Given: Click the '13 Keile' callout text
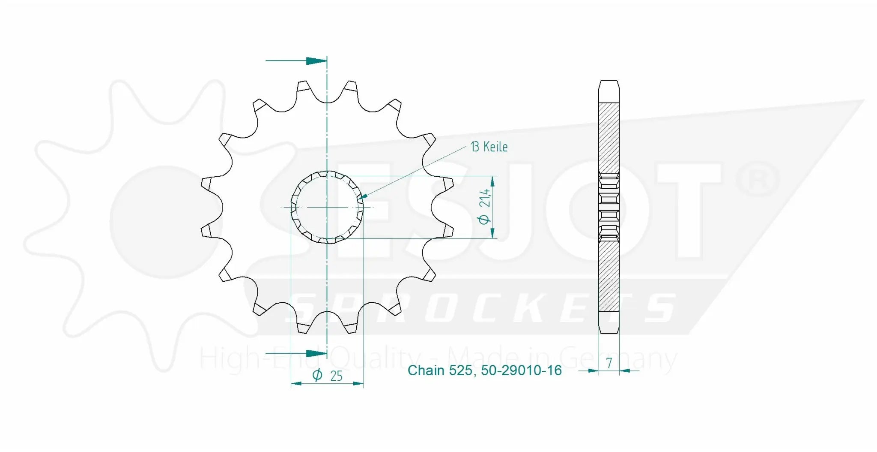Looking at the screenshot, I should [x=489, y=147].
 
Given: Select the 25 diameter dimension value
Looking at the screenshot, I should [x=337, y=376].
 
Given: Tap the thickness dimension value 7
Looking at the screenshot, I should [x=609, y=363].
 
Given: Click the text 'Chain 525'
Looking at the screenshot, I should [x=439, y=371].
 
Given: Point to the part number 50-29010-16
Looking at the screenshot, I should [x=521, y=371].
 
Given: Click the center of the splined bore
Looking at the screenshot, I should [x=327, y=208].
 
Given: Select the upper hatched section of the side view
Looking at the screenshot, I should [x=609, y=137].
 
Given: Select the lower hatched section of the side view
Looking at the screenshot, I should [x=609, y=277].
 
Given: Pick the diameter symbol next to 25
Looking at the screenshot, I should [x=317, y=376].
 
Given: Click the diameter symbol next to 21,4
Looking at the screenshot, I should [x=484, y=220].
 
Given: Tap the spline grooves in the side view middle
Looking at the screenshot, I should [x=609, y=207].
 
